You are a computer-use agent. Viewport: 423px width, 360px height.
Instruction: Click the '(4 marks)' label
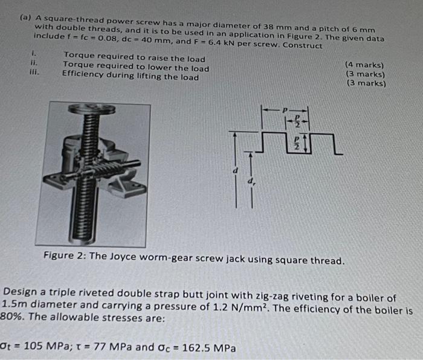(364, 64)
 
